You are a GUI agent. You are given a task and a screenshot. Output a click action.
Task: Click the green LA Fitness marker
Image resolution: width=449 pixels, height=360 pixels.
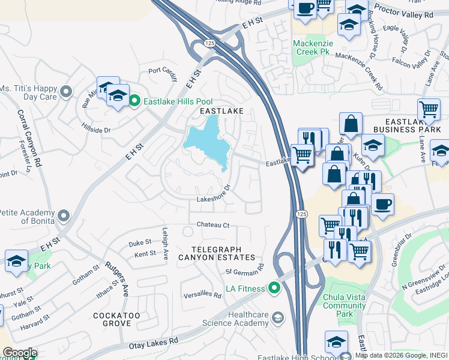click(274, 289)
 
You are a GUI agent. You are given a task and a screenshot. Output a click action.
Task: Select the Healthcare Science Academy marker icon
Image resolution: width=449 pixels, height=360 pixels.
click(277, 316)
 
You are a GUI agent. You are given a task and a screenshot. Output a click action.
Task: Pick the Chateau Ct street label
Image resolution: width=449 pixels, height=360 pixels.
click(213, 225)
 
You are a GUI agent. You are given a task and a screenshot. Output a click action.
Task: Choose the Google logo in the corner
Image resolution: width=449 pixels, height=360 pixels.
click(19, 353)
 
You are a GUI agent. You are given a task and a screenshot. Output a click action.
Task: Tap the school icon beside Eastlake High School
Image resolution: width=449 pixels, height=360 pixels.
click(336, 341)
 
